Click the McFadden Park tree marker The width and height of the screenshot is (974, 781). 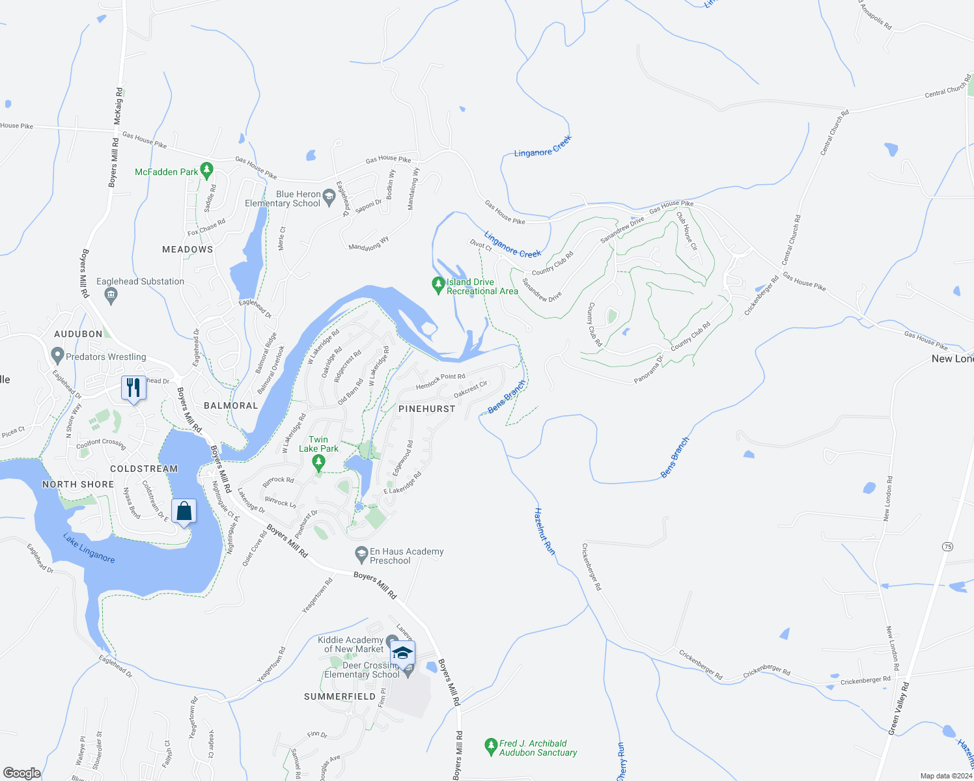point(207,171)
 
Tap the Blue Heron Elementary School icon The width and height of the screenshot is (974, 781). point(329,198)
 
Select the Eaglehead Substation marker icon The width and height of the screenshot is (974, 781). point(111,296)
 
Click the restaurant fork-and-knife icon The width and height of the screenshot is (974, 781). point(133,389)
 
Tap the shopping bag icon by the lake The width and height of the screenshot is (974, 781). point(184,512)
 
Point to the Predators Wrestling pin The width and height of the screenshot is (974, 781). point(57,356)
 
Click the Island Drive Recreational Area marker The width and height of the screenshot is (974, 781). point(439,285)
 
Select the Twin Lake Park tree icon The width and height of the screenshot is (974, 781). point(318,463)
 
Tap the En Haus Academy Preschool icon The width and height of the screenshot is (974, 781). point(361,555)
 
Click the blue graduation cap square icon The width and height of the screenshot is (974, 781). point(402,652)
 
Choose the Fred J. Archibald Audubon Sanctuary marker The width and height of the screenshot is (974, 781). point(492,747)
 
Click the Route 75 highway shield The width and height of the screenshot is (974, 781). point(947,547)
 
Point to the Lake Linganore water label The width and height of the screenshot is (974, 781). point(89,548)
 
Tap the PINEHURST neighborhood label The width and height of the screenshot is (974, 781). point(426,409)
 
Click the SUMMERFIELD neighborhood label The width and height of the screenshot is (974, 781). point(340,696)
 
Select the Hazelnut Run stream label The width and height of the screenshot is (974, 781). point(544,531)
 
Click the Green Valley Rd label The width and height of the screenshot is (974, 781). point(899,709)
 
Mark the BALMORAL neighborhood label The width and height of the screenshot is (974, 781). point(231,405)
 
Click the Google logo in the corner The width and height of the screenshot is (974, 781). point(22,773)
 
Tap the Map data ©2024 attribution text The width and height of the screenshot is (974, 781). point(946,776)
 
